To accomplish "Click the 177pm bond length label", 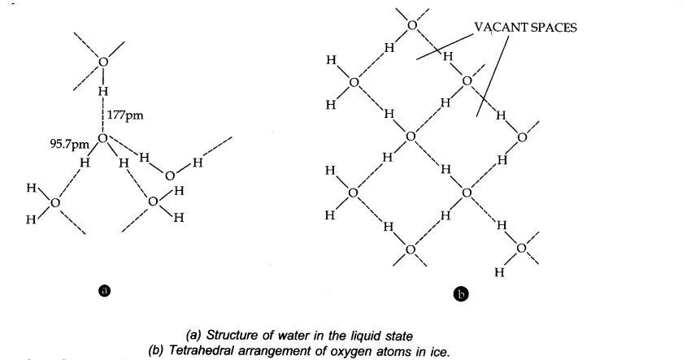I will click(x=125, y=116).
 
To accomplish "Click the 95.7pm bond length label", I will click(x=69, y=143).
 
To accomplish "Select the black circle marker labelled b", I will click(x=460, y=294).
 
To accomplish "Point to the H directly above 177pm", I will click(x=102, y=92).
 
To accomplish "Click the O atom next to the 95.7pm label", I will click(x=103, y=139).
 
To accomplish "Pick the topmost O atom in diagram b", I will click(x=411, y=25).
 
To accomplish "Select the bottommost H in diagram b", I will click(x=499, y=274).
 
